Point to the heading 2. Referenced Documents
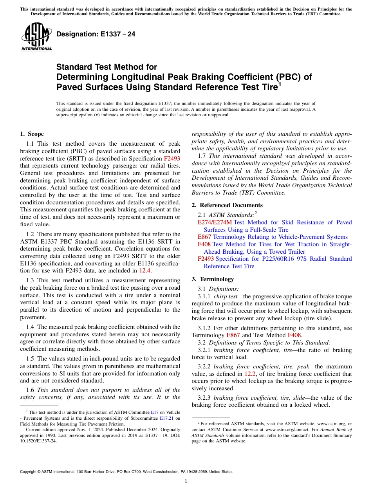coord(227,205)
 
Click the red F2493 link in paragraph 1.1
coord(172,159)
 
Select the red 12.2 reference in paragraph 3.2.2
coord(249,373)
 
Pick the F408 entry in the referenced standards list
coord(204,244)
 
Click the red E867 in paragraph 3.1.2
coord(233,335)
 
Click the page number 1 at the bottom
coord(186,481)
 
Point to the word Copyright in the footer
coord(30,472)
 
